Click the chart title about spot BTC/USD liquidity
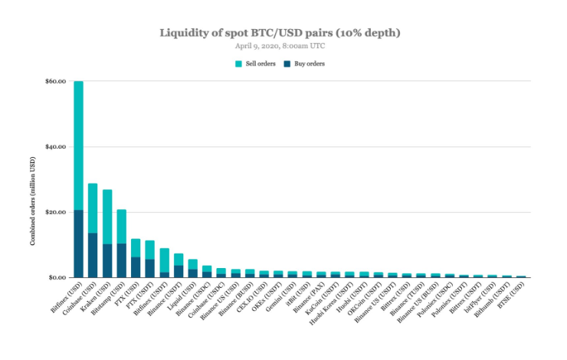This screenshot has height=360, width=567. click(280, 33)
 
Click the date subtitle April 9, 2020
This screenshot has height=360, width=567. click(280, 46)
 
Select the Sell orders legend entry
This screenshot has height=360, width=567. click(257, 64)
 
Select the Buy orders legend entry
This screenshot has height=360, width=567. click(305, 64)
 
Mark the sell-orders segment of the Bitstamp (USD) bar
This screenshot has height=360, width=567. click(121, 227)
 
